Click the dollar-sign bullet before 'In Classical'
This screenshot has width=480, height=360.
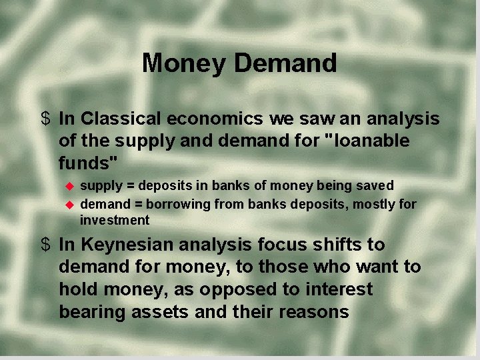45,119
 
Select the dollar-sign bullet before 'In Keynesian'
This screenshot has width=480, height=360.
45,245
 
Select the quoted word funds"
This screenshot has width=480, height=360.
88,163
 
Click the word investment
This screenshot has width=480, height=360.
115,220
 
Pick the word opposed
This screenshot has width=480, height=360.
251,289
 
